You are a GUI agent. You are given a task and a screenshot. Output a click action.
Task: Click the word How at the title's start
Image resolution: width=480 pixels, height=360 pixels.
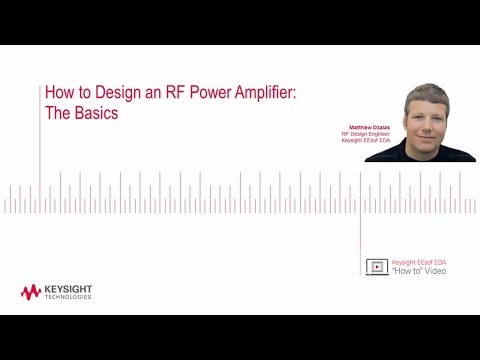[59, 93]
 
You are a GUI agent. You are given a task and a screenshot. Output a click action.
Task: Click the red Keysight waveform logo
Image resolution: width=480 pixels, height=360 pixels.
[31, 292]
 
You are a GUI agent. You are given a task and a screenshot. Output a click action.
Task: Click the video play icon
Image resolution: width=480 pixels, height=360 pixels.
[376, 266]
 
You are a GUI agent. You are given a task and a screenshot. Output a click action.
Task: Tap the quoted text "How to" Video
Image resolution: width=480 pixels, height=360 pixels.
[419, 271]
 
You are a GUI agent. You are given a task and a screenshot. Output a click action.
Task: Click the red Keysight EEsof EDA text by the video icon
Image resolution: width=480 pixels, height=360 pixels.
[419, 262]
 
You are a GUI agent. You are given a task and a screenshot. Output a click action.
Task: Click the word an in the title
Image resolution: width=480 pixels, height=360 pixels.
[148, 93]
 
